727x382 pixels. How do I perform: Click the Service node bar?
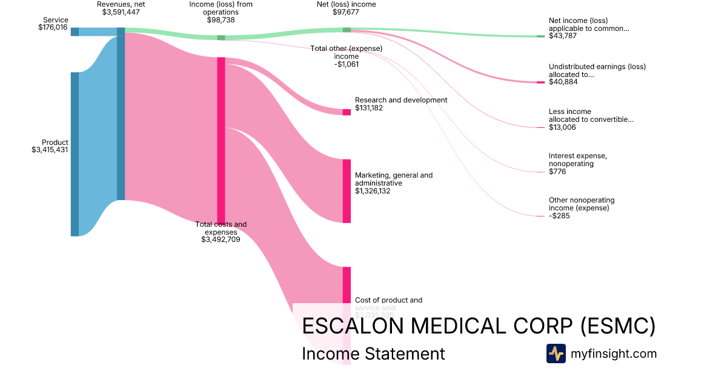[x=75, y=32]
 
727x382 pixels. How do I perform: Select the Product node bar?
[x=75, y=154]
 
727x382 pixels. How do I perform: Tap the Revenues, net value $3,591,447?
[x=121, y=12]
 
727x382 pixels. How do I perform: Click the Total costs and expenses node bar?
[x=221, y=140]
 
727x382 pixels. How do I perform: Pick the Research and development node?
[x=347, y=112]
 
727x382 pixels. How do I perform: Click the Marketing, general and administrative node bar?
[x=347, y=191]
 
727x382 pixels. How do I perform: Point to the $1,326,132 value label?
[x=373, y=191]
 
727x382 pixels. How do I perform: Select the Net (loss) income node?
[x=347, y=30]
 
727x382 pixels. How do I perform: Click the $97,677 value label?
[x=347, y=12]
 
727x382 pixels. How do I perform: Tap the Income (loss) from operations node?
[x=221, y=38]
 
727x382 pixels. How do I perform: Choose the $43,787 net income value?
[x=562, y=36]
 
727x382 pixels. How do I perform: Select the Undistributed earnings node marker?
[x=540, y=82]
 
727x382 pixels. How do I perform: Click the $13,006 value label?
[x=562, y=127]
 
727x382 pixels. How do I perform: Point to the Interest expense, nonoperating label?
[x=577, y=159]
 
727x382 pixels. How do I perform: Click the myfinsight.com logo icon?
[x=556, y=354]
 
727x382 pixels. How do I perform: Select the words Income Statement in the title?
[x=373, y=354]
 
